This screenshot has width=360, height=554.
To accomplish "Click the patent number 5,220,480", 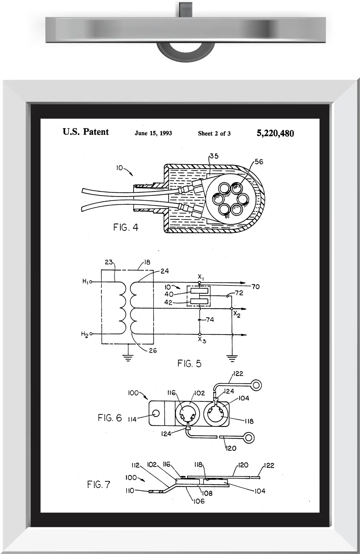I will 275,133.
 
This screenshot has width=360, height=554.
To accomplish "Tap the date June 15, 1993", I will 153,133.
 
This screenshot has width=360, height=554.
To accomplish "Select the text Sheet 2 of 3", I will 214,134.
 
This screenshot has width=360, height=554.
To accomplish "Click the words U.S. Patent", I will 86,132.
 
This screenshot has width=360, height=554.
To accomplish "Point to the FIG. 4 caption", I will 126,227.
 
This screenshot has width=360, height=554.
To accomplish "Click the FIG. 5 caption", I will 189,363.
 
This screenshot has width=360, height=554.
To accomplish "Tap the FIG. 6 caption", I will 110,418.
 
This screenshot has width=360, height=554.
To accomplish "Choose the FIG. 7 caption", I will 99,484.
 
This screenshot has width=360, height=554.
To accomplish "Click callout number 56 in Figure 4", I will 259,162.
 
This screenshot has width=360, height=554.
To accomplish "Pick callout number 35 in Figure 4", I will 214,156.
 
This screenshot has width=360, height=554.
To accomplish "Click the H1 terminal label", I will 86,282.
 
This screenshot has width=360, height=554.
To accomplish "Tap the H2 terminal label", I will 85,334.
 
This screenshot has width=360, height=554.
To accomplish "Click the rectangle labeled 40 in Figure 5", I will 199,291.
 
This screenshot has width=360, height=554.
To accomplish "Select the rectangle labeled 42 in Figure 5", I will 199,301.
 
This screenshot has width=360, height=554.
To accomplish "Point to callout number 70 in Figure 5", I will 256,286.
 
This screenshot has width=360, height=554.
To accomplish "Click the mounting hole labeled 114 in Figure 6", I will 156,413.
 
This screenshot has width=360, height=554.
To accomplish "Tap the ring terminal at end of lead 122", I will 256,386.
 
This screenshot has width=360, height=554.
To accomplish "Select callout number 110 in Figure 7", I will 130,491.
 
